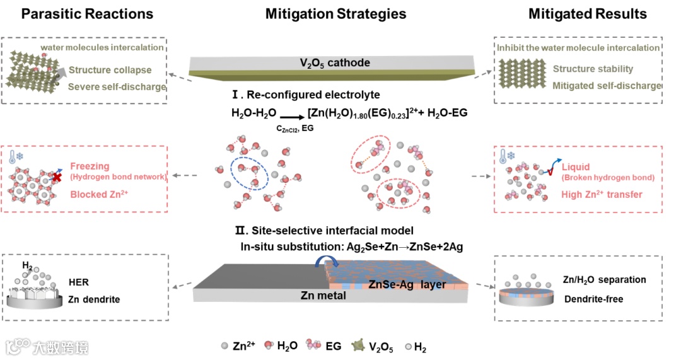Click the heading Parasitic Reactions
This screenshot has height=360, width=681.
87,14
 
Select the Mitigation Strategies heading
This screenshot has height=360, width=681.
335,14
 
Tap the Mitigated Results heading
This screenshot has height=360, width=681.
588,14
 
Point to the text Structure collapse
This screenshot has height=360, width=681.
110,70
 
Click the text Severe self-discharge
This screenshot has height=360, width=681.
117,86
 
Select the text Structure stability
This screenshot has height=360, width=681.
593,69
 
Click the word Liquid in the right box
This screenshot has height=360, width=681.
576,167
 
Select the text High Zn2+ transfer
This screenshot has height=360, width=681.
602,195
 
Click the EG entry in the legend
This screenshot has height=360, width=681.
321,345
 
